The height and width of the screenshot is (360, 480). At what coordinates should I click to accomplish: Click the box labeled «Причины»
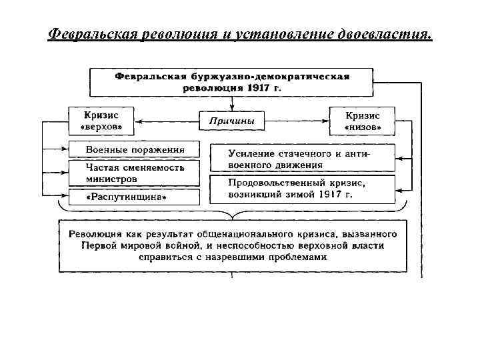[232, 121]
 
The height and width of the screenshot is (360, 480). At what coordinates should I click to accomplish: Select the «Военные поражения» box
[134, 149]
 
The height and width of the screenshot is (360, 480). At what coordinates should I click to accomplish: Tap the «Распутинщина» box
[134, 197]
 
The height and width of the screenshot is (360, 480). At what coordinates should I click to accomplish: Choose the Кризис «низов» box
[362, 121]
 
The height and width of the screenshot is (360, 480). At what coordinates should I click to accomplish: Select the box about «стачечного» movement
[302, 159]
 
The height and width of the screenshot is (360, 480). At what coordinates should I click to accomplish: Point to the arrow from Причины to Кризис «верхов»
[167, 121]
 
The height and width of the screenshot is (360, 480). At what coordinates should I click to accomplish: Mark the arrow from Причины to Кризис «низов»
[297, 121]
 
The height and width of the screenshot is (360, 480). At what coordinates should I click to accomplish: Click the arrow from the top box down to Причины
[232, 103]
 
